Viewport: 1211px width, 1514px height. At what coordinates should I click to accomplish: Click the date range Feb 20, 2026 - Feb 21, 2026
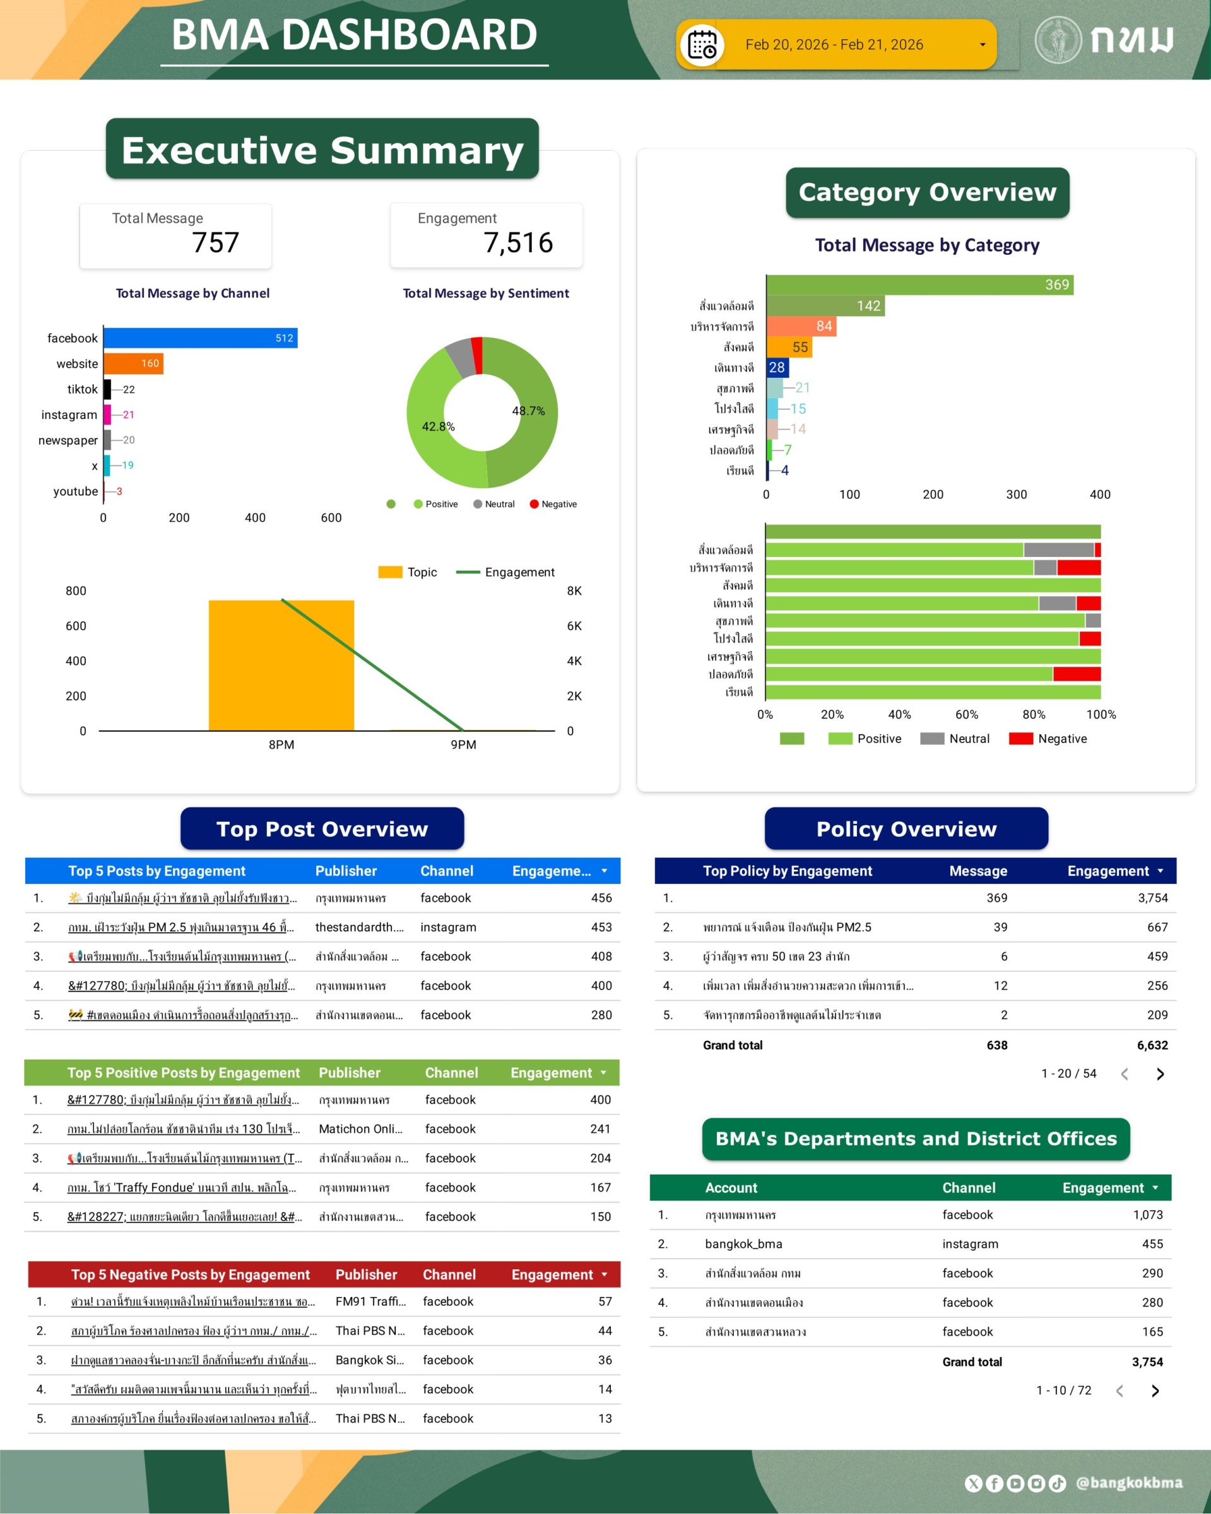[x=834, y=45]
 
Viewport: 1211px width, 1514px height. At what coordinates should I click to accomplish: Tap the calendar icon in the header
[x=702, y=45]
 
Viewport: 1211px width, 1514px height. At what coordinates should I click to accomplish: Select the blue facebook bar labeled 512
[x=200, y=337]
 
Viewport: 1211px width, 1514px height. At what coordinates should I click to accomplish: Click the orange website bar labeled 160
[x=133, y=364]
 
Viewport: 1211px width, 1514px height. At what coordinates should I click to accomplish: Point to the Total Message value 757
[x=216, y=243]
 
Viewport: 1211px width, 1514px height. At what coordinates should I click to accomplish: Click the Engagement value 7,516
[x=517, y=243]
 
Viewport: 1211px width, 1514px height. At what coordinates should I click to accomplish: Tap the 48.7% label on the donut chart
[x=528, y=411]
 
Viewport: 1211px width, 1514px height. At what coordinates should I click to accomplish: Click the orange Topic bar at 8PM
[x=281, y=665]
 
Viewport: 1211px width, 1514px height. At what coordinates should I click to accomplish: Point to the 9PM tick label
[x=464, y=744]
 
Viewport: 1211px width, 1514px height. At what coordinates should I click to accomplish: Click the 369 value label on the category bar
[x=1056, y=285]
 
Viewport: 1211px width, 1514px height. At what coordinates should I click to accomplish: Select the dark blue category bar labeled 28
[x=777, y=367]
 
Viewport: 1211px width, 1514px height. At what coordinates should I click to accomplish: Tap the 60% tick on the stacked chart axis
[x=967, y=714]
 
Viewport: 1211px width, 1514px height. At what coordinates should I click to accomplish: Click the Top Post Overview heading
[x=322, y=829]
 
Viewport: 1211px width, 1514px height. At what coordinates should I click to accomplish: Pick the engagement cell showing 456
[x=601, y=898]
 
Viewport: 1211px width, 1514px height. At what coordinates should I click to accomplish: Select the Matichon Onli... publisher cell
[x=360, y=1129]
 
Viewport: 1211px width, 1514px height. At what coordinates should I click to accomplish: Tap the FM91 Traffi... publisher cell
[x=370, y=1301]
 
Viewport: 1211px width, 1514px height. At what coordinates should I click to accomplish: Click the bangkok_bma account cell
[x=743, y=1243]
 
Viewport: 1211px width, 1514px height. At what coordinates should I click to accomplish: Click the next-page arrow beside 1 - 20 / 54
[x=1160, y=1074]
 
